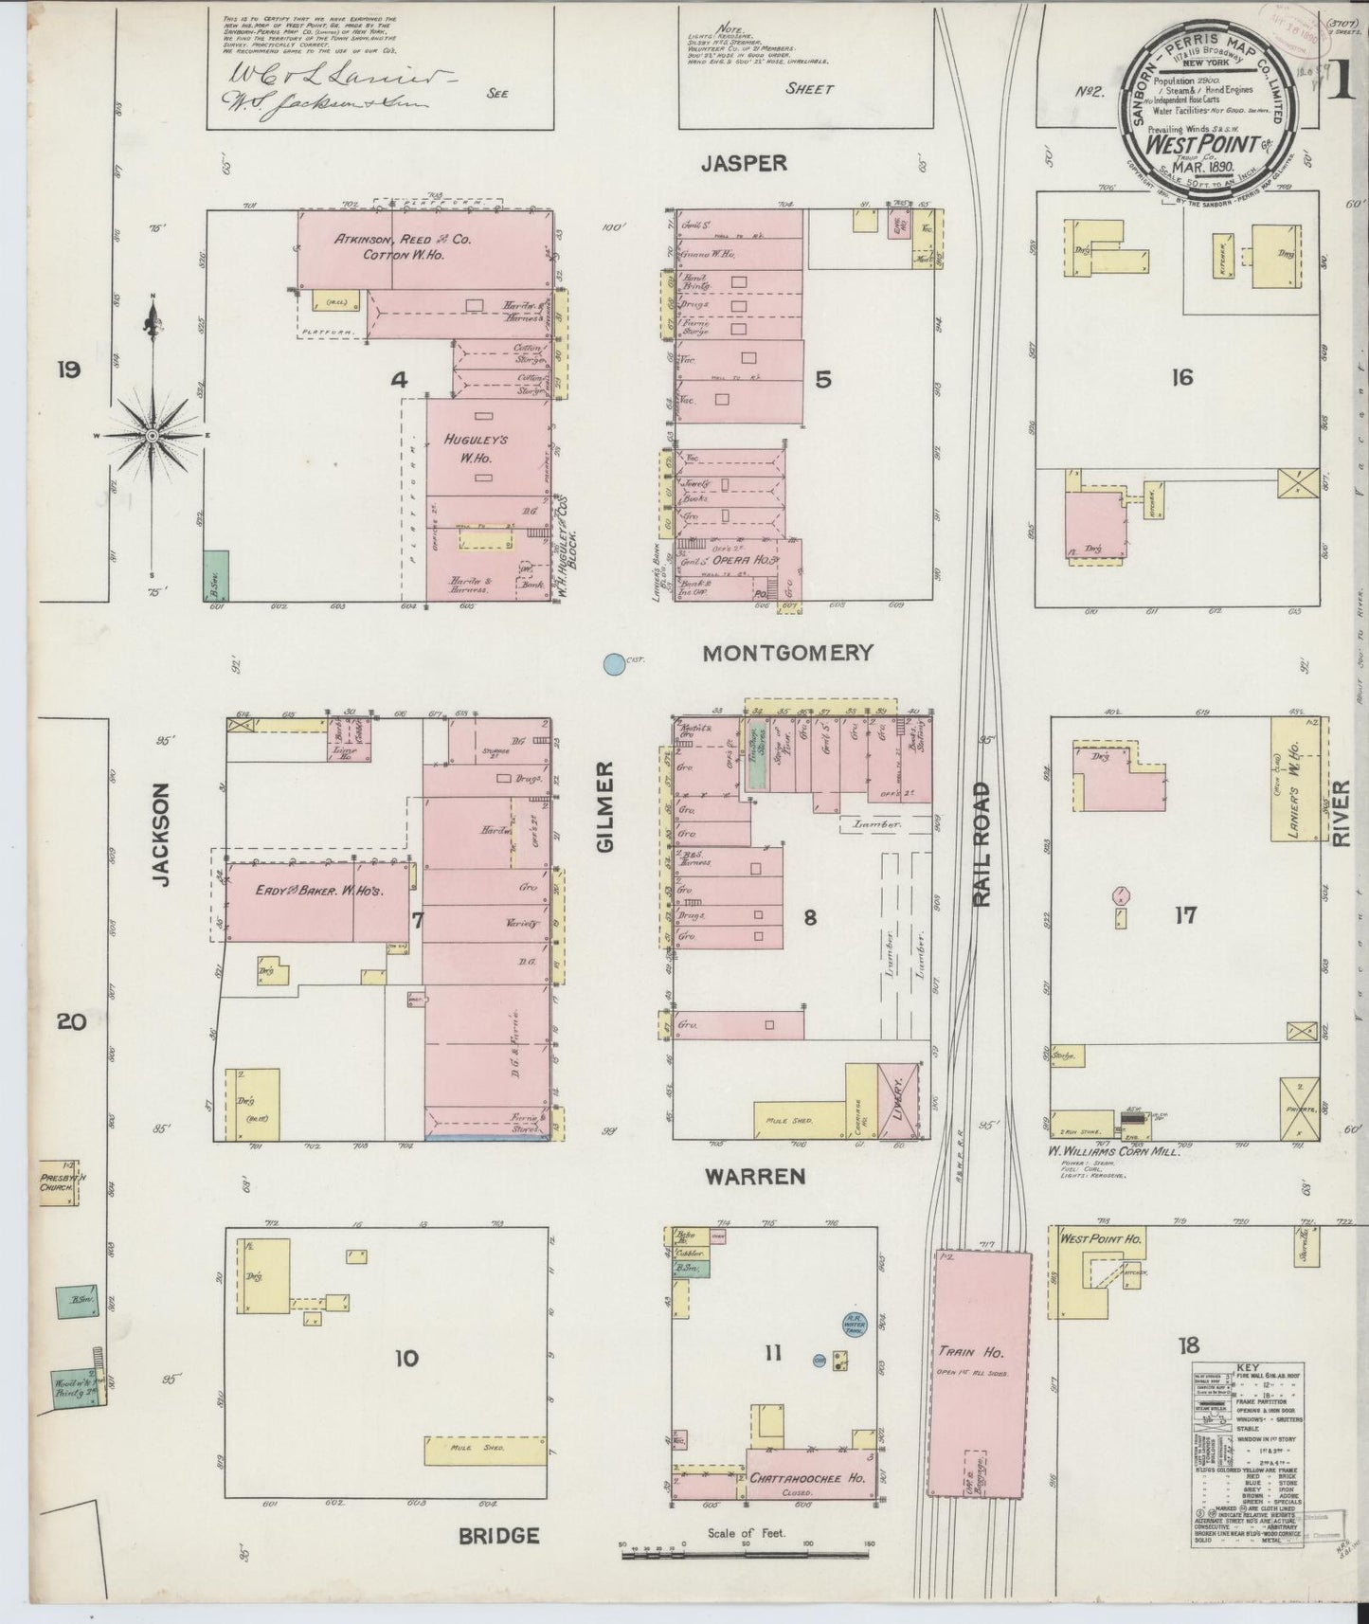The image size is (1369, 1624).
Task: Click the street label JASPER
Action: pyautogui.click(x=744, y=163)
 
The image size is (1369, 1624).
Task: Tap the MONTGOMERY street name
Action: pyautogui.click(x=787, y=652)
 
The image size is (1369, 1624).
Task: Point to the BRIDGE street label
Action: pyautogui.click(x=499, y=1536)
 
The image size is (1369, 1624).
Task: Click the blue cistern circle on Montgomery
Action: pyautogui.click(x=614, y=665)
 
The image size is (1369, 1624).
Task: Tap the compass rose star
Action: pyautogui.click(x=153, y=435)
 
